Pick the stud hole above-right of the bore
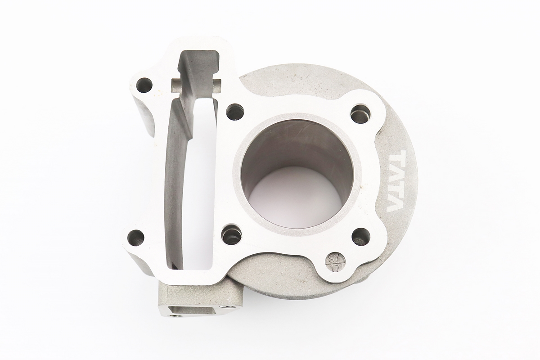tap(360, 113)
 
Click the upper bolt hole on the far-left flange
tap(144, 85)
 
